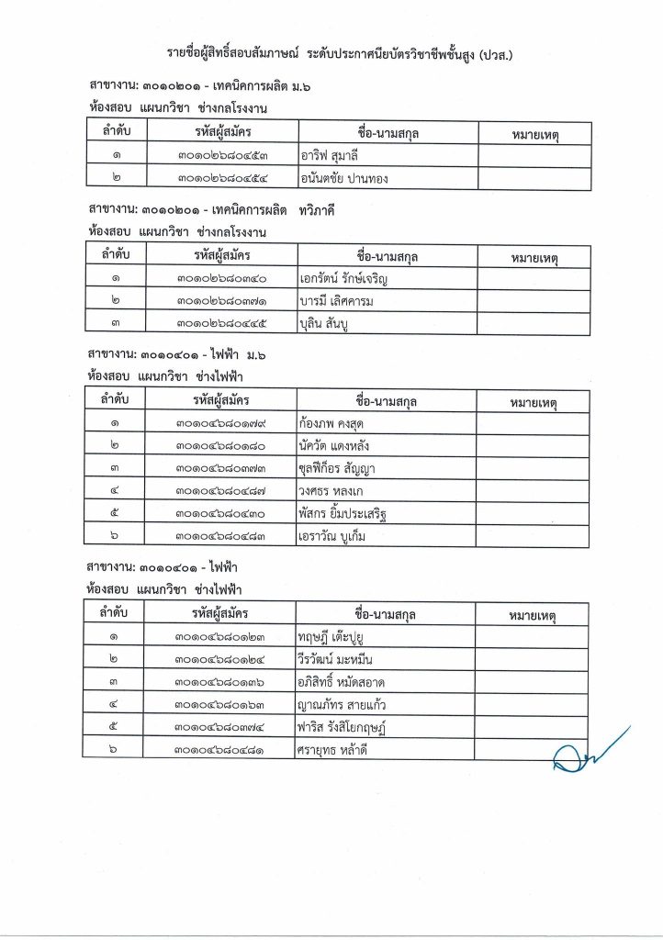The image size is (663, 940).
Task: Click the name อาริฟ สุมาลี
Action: point(329,156)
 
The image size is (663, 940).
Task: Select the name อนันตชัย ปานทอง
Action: point(343,178)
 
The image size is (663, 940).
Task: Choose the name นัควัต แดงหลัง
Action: point(337,446)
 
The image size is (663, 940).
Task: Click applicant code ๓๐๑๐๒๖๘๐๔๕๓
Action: point(220,156)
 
